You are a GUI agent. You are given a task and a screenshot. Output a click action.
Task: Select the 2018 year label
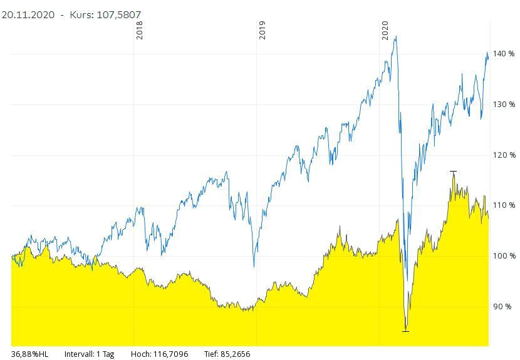[x=140, y=30]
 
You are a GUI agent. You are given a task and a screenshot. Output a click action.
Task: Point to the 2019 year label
[x=263, y=30]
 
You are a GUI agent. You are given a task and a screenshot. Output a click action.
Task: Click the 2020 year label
[x=385, y=30]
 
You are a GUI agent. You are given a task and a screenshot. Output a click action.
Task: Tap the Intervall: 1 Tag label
[x=89, y=354]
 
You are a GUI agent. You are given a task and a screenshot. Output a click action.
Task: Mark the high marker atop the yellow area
[x=453, y=171]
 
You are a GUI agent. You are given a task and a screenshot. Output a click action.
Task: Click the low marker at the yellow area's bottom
[x=405, y=331]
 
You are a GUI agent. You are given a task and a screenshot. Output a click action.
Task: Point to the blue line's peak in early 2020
[x=395, y=36]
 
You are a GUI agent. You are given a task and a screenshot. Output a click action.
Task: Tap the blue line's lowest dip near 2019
[x=254, y=267]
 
